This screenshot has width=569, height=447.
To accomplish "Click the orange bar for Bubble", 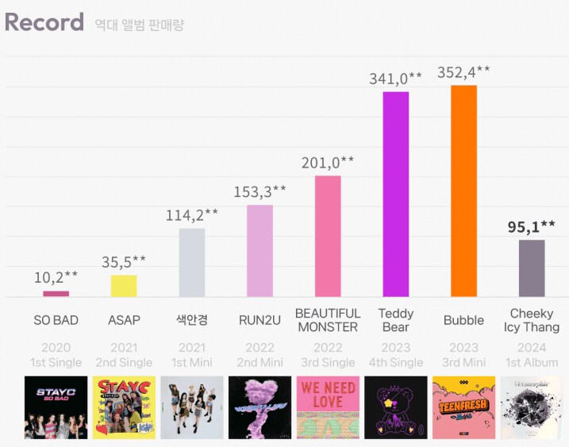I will pyautogui.click(x=463, y=191).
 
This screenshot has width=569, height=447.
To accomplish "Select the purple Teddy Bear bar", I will pyautogui.click(x=396, y=194).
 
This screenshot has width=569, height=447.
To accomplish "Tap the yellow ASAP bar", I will pyautogui.click(x=124, y=285).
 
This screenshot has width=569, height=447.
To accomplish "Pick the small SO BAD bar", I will pyautogui.click(x=56, y=294).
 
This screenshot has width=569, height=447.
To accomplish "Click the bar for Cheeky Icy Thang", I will pyautogui.click(x=532, y=268).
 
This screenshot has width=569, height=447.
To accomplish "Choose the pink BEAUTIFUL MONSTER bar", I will pyautogui.click(x=328, y=236).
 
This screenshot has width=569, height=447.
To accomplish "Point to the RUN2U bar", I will pyautogui.click(x=260, y=250).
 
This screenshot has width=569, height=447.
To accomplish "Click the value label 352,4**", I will pyautogui.click(x=463, y=72).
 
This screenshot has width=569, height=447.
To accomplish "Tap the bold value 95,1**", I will pyautogui.click(x=532, y=227).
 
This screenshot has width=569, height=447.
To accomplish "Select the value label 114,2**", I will pyautogui.click(x=191, y=215).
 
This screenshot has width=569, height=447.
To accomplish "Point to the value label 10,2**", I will pyautogui.click(x=56, y=277).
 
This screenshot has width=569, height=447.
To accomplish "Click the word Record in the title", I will pyautogui.click(x=44, y=22).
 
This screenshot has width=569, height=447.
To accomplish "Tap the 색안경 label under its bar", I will pyautogui.click(x=191, y=321).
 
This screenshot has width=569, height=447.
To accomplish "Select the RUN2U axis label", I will pyautogui.click(x=260, y=321).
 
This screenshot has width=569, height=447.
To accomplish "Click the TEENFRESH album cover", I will pyautogui.click(x=463, y=407).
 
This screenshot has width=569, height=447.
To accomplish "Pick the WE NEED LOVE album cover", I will pyautogui.click(x=328, y=407).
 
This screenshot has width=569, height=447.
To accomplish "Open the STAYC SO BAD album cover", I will pyautogui.click(x=56, y=407).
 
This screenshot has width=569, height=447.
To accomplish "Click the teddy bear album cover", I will pyautogui.click(x=396, y=407).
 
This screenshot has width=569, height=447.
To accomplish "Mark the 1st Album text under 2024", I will pyautogui.click(x=532, y=363).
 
